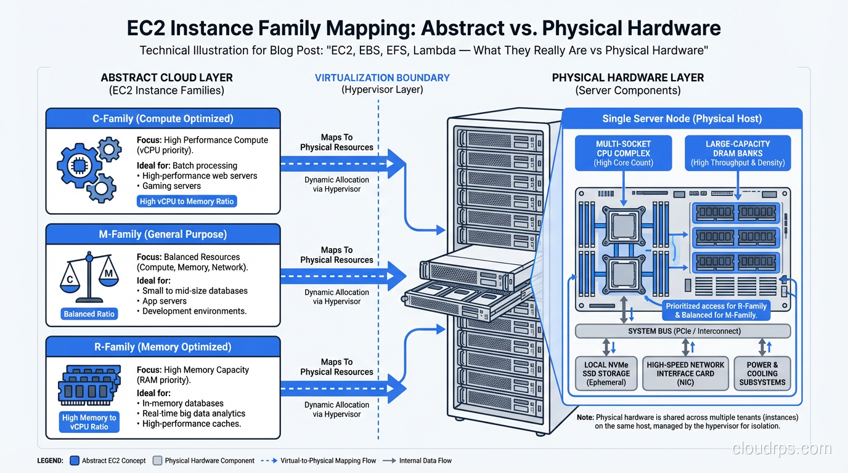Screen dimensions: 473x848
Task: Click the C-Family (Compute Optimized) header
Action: [x=163, y=119]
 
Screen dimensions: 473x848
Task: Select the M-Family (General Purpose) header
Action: [x=163, y=234]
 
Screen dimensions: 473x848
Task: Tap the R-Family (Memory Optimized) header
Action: [x=163, y=347]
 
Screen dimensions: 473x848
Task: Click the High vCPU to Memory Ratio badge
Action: [x=187, y=201]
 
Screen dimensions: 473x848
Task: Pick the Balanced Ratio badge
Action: [x=89, y=314]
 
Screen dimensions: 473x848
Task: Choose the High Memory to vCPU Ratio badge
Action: [x=89, y=422]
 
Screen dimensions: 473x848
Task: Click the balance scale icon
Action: [x=90, y=275]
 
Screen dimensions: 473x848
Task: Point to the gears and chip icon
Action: [x=88, y=168]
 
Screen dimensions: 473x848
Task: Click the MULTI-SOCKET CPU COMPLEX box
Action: [x=623, y=153]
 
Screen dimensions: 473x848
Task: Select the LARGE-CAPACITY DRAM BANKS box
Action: [x=738, y=153]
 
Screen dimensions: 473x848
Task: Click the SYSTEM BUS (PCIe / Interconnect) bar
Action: [x=683, y=331]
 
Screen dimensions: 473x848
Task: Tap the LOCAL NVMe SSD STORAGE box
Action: [x=606, y=373]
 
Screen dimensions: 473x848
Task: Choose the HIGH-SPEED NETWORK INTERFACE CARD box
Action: [x=685, y=373]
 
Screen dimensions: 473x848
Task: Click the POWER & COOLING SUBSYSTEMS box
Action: [x=762, y=373]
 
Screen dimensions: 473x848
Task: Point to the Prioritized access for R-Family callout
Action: [x=716, y=310]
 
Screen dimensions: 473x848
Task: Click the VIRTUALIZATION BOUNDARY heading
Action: [x=382, y=78]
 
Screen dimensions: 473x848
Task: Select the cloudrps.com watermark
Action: [x=781, y=448]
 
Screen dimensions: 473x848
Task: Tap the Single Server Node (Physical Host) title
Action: [x=682, y=119]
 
